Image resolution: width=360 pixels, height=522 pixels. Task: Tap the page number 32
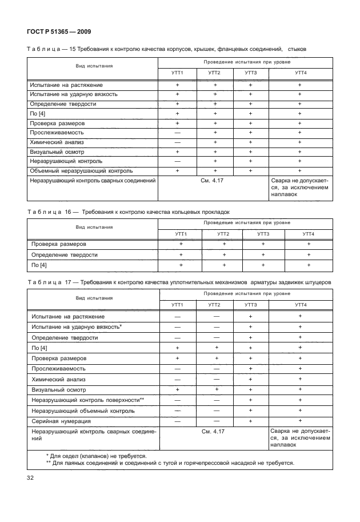click(30, 477)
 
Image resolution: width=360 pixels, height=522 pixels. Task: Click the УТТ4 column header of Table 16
click(309, 234)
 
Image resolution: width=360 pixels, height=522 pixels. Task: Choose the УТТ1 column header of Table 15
click(178, 73)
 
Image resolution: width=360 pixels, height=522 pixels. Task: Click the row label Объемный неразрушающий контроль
click(81, 170)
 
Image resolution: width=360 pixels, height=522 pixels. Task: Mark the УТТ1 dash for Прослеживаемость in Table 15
click(178, 132)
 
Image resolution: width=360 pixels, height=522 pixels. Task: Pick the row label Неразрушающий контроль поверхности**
click(87, 400)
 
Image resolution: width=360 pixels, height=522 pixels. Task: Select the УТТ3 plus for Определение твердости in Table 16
click(263, 254)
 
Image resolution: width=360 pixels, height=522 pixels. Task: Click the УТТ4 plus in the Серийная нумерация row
click(300, 421)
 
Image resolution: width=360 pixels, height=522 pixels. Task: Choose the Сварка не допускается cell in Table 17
click(299, 436)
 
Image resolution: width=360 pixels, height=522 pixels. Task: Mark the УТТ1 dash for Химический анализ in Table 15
click(178, 142)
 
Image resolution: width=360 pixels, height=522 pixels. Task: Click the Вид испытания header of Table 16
click(94, 227)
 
